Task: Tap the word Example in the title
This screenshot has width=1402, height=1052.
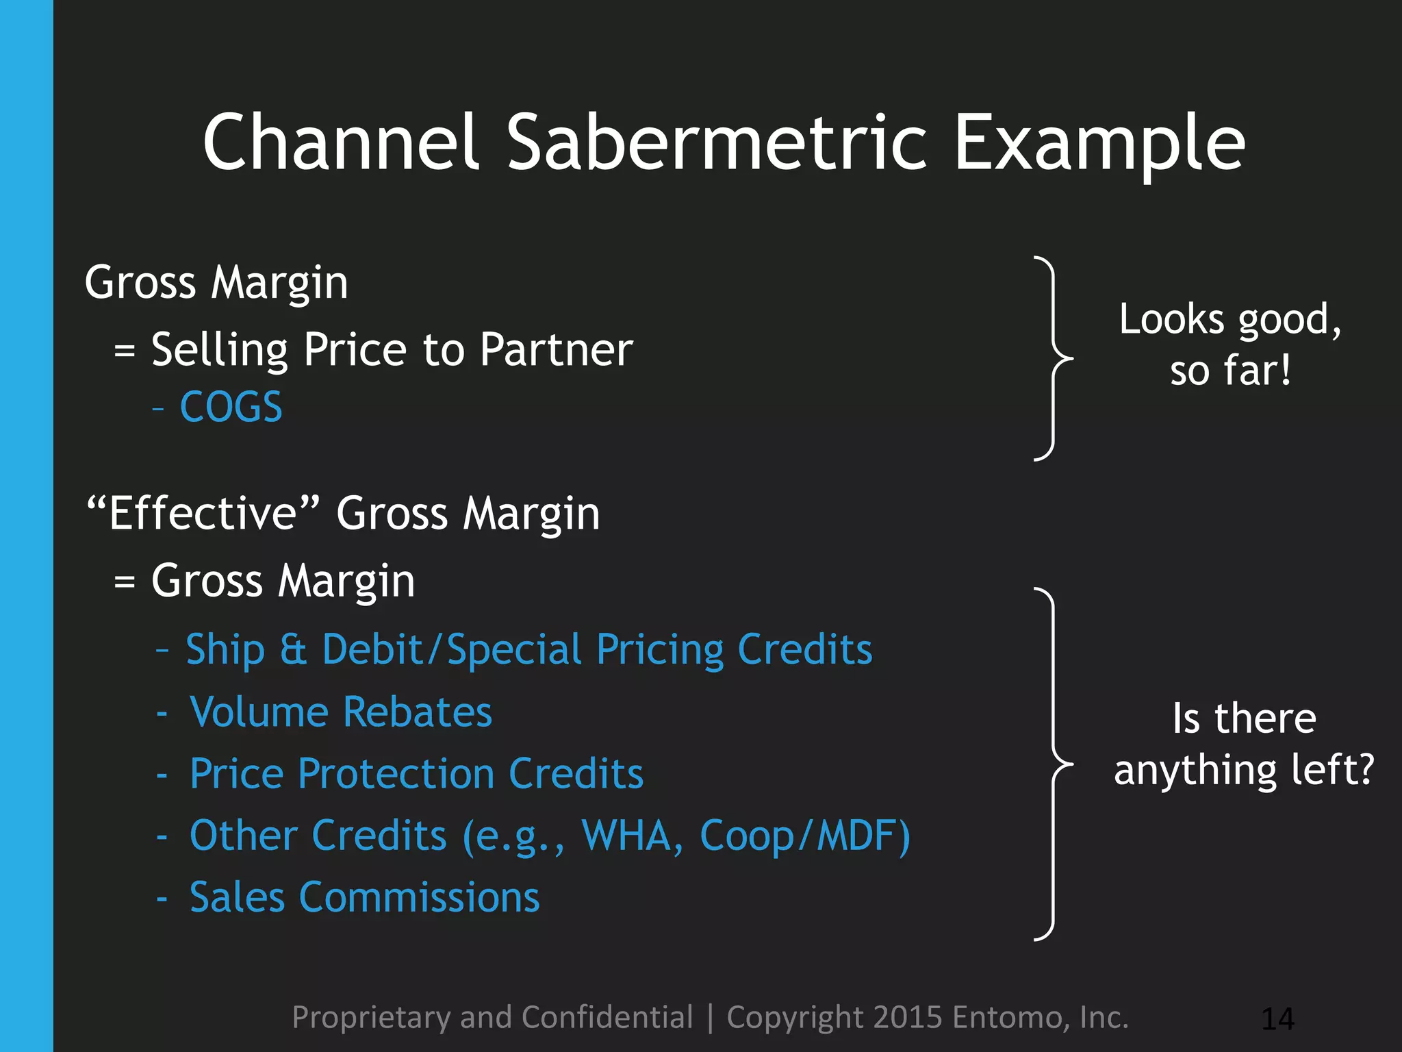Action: [1099, 144]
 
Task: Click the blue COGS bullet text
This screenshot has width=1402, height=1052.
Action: [231, 407]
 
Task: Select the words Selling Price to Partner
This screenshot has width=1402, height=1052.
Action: [392, 350]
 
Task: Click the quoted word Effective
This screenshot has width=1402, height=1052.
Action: [203, 513]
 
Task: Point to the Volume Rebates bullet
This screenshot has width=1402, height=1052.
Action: [340, 712]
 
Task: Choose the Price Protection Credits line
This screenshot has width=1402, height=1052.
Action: [416, 774]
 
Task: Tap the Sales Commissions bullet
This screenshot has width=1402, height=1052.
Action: [364, 897]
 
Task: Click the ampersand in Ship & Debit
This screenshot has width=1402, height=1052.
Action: [293, 649]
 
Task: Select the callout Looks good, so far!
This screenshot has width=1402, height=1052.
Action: [1230, 345]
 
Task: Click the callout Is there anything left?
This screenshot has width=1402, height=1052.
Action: [1244, 744]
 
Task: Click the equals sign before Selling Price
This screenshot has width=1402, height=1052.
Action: [124, 351]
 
